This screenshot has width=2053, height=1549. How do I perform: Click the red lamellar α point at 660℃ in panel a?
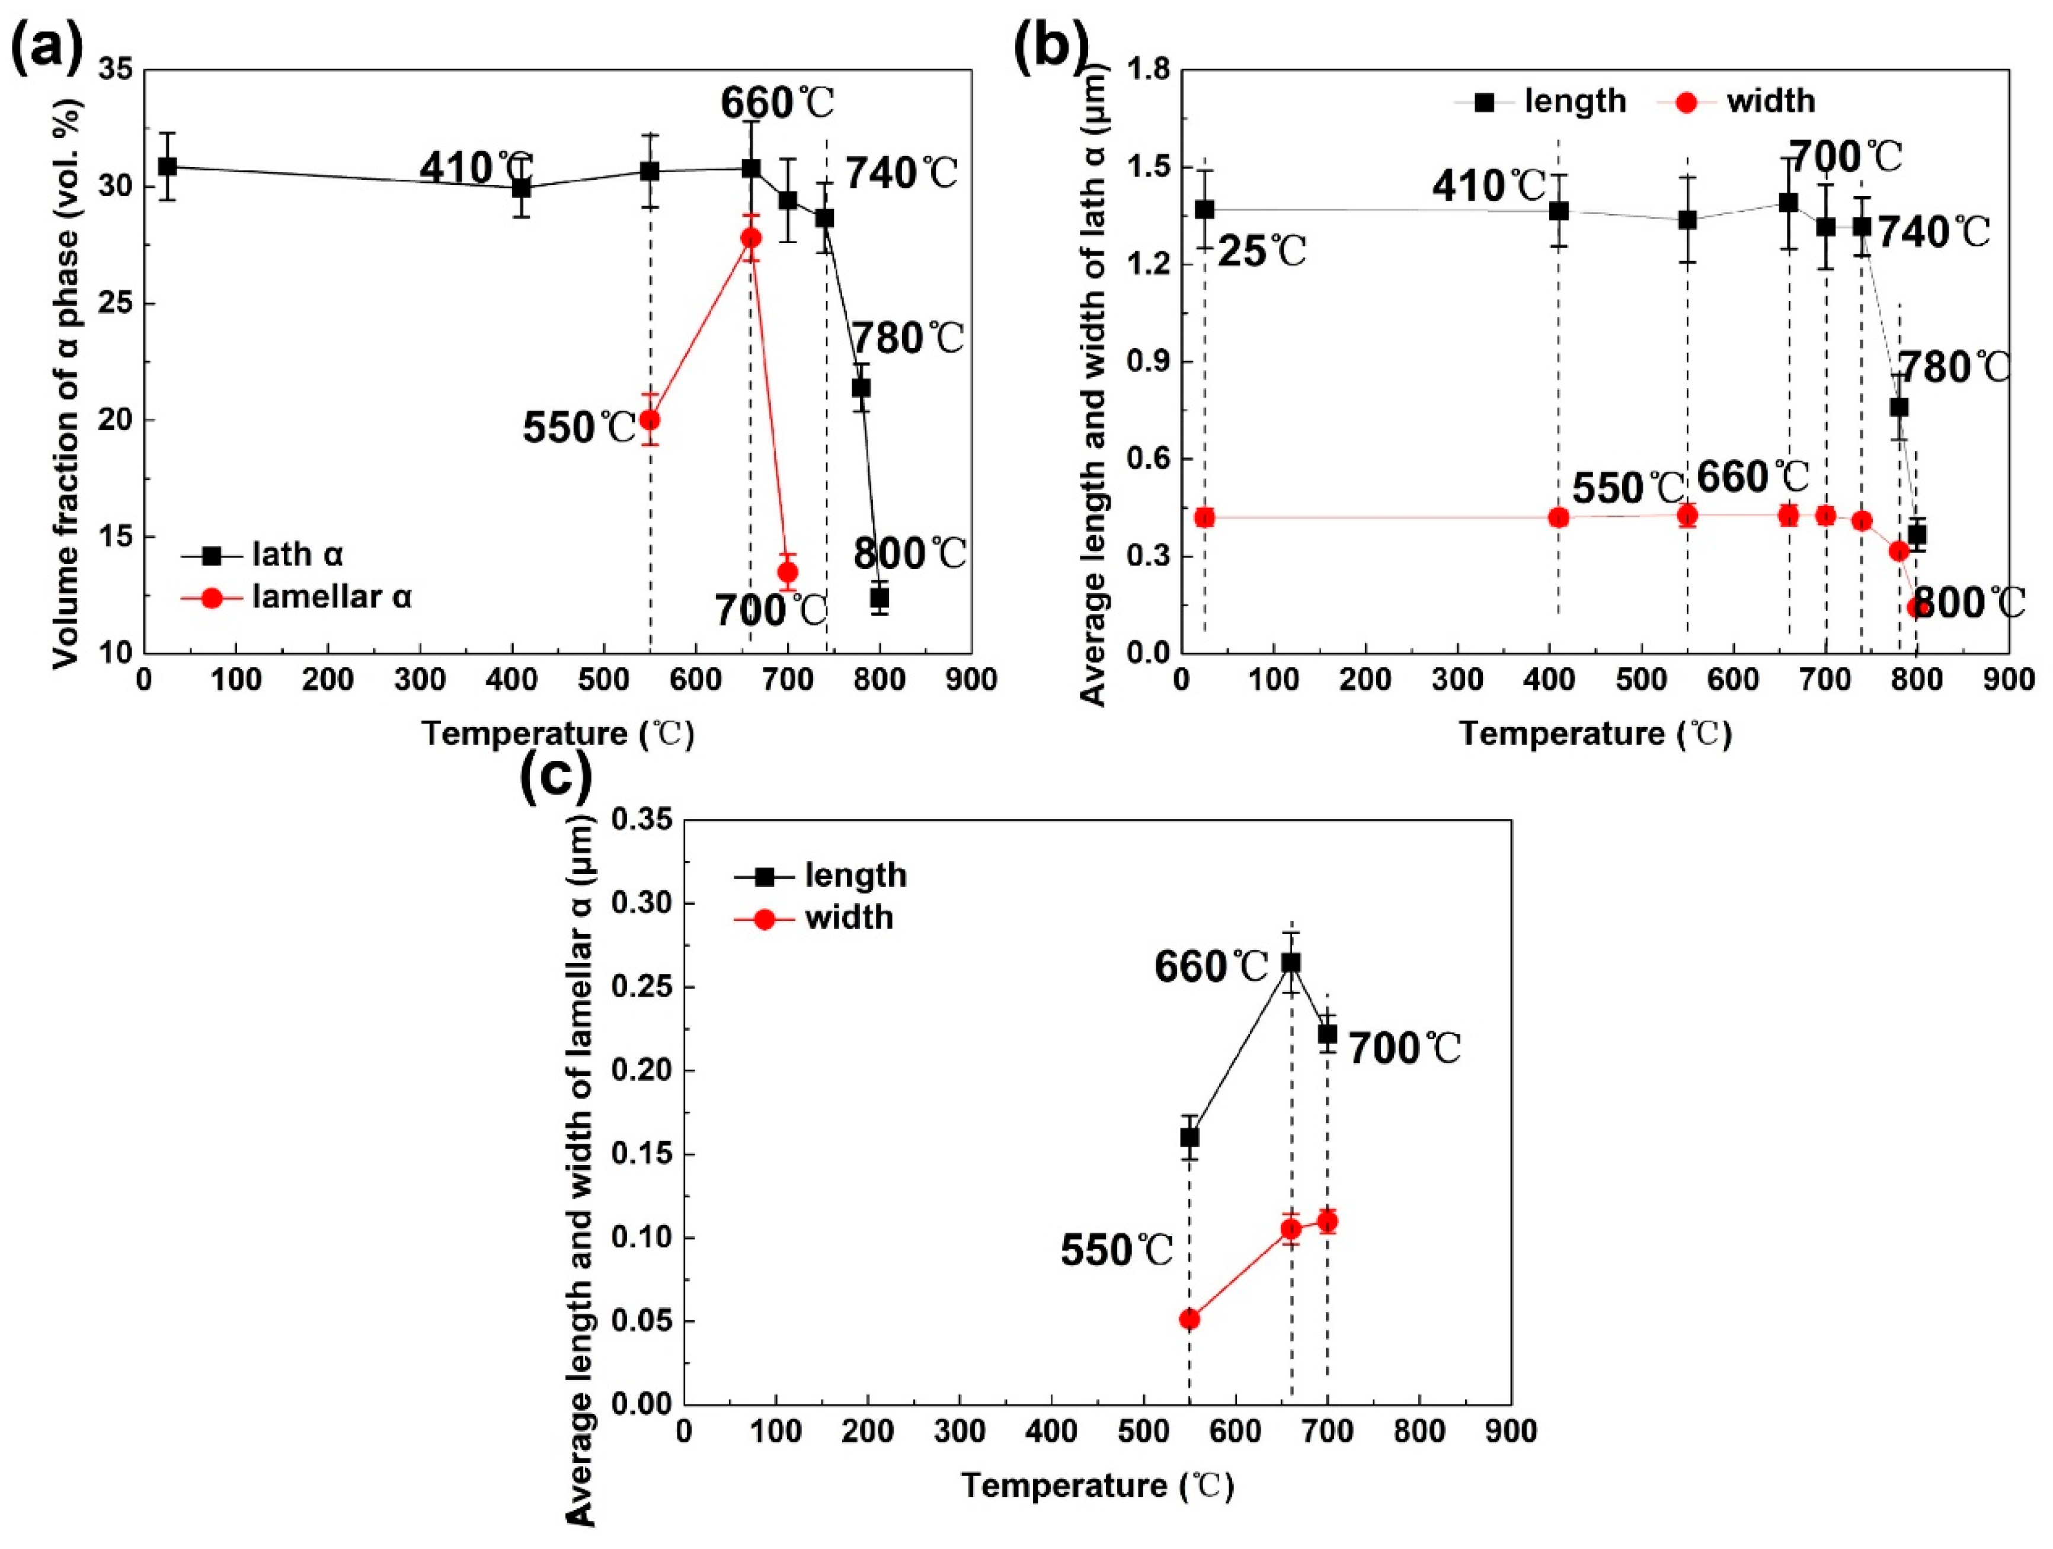point(751,238)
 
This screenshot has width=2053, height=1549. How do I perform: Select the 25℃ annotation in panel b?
point(1261,251)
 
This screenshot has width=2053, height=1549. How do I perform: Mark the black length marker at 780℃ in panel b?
point(1899,408)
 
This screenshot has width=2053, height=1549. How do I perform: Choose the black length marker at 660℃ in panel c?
point(1290,964)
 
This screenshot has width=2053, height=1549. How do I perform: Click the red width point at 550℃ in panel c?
point(1189,1319)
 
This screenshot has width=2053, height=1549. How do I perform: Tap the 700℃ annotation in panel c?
point(1404,1049)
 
